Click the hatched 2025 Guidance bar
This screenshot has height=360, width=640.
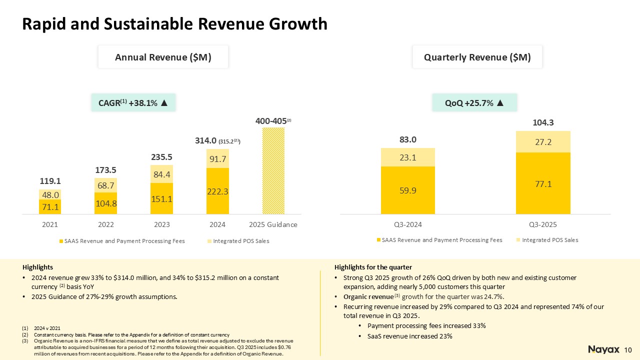tap(273, 170)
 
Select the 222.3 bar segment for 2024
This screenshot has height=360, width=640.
tap(217, 191)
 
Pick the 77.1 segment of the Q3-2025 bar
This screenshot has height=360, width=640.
tap(543, 183)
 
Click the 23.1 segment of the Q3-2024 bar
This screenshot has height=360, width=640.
tap(407, 157)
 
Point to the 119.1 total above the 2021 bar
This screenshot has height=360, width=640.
tap(49, 180)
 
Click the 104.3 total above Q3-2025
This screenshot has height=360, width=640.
tap(543, 122)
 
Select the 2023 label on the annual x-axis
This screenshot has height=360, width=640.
tap(161, 225)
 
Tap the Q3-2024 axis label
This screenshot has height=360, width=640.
tap(407, 224)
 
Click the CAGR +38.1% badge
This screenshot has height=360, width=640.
tap(134, 103)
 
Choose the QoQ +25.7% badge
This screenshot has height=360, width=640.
tap(474, 103)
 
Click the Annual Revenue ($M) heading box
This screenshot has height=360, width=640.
tap(163, 57)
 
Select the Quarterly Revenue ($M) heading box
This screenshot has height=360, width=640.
tap(477, 57)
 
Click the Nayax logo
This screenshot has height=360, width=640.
tap(603, 349)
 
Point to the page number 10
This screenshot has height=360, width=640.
tap(628, 349)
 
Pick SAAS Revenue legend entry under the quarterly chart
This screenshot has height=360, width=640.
tap(442, 240)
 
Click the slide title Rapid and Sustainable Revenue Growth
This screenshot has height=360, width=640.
tap(175, 23)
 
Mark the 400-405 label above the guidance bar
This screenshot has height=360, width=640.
tap(270, 121)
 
